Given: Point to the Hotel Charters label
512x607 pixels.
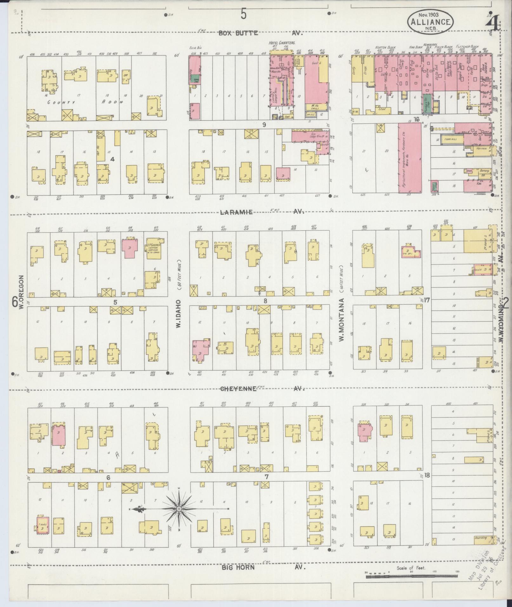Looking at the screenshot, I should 282,43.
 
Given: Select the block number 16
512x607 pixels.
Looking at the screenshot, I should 416,120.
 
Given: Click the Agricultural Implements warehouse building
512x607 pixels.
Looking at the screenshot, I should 409,158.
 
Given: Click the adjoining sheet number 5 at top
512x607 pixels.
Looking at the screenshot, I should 243,14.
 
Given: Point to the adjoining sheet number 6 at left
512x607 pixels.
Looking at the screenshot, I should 14,302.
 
